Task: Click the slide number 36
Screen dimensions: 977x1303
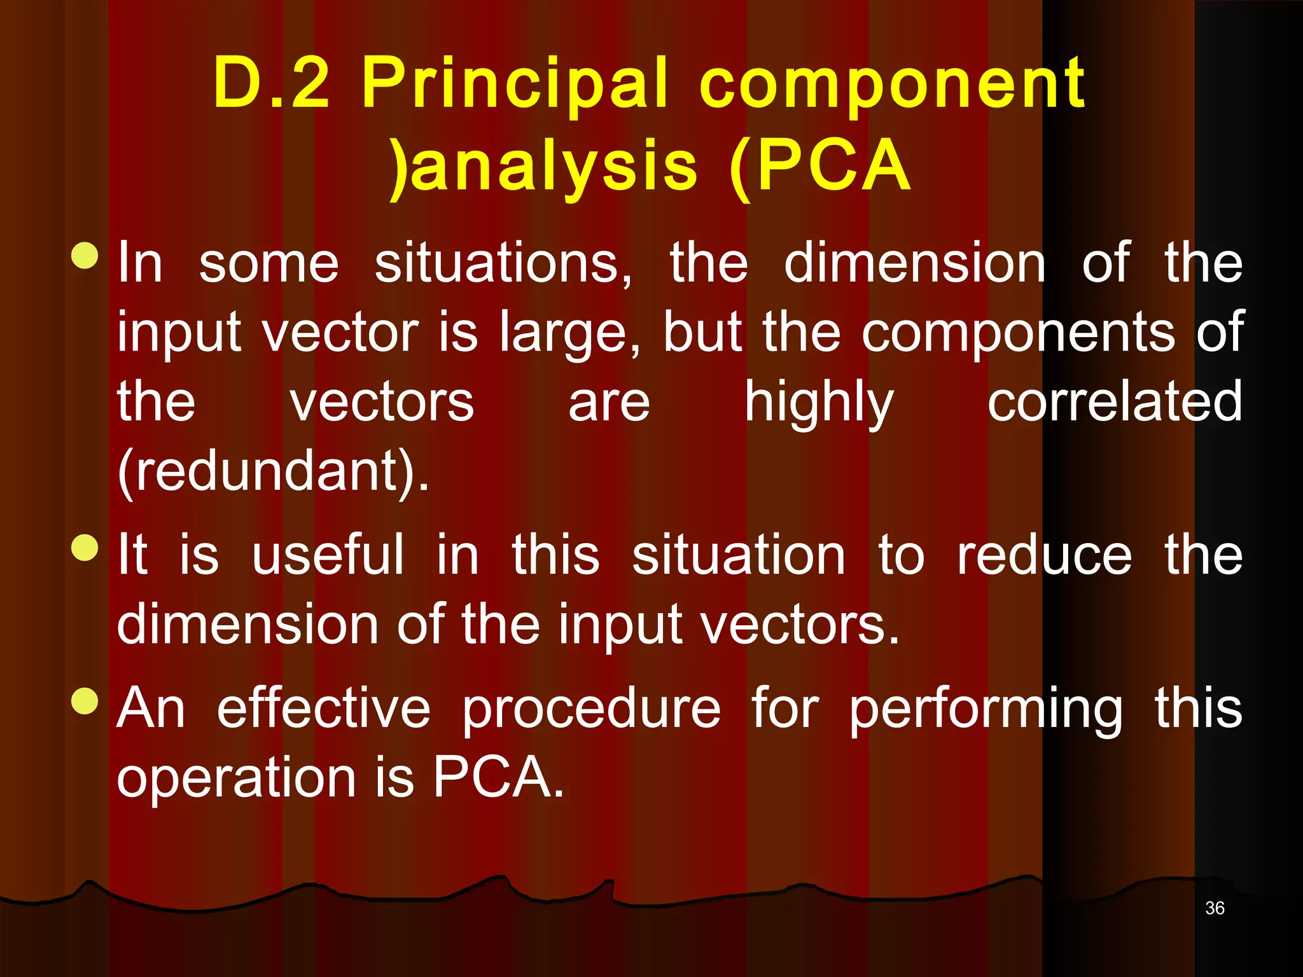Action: coord(1214,908)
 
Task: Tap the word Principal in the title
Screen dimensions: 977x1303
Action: coord(515,83)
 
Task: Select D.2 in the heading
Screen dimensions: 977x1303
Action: coord(272,83)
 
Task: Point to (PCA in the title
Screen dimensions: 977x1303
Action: coord(821,167)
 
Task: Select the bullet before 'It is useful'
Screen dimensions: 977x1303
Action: coord(85,548)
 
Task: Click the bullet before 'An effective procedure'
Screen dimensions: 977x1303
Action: coord(85,700)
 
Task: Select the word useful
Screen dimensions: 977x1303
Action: coord(328,555)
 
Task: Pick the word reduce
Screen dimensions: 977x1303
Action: coord(1045,555)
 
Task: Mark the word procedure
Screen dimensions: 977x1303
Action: coord(591,710)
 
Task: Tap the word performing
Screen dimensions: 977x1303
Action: coord(986,710)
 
